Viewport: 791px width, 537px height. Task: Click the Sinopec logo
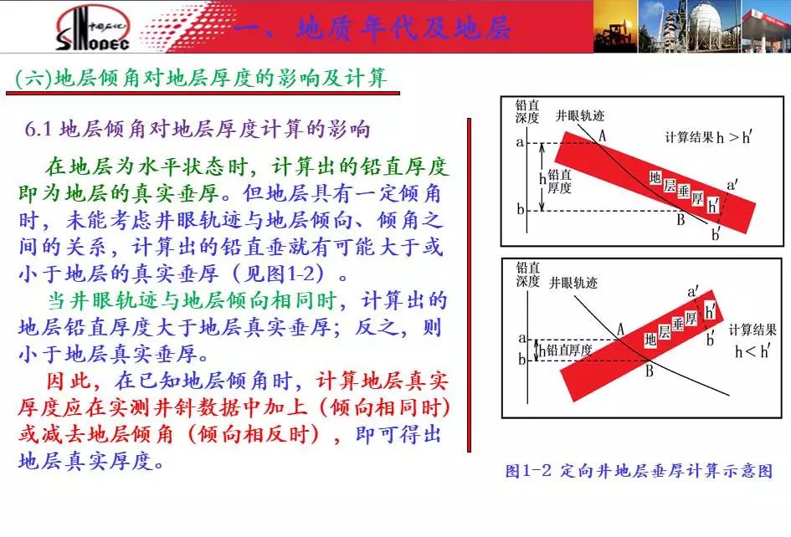pos(93,28)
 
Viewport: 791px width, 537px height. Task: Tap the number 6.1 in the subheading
pos(39,130)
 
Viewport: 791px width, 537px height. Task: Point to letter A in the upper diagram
pos(602,136)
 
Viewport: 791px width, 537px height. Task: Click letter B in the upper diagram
pos(681,219)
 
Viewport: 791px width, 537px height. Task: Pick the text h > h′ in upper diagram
pos(734,136)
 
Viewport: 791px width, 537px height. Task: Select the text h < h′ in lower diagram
pos(752,351)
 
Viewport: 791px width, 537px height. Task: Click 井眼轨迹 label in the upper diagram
pos(579,115)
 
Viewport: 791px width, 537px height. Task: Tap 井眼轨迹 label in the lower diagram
pos(573,283)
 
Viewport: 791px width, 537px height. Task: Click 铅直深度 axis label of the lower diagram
pos(527,274)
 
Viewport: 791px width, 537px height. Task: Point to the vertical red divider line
pos(469,285)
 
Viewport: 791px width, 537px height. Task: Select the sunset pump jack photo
pos(615,26)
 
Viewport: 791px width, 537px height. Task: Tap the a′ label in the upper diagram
pos(732,185)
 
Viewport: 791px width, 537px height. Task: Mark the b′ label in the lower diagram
pos(711,338)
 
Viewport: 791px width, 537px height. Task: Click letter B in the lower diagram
pos(650,371)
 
